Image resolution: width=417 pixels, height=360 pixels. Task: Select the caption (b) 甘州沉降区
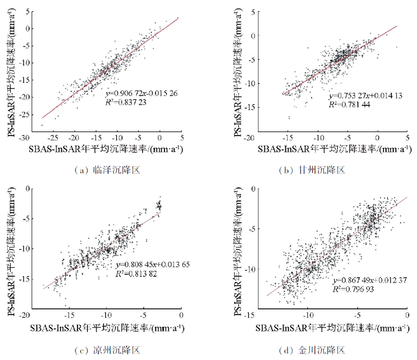click(x=312, y=170)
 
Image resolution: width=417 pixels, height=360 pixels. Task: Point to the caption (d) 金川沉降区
click(x=312, y=350)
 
